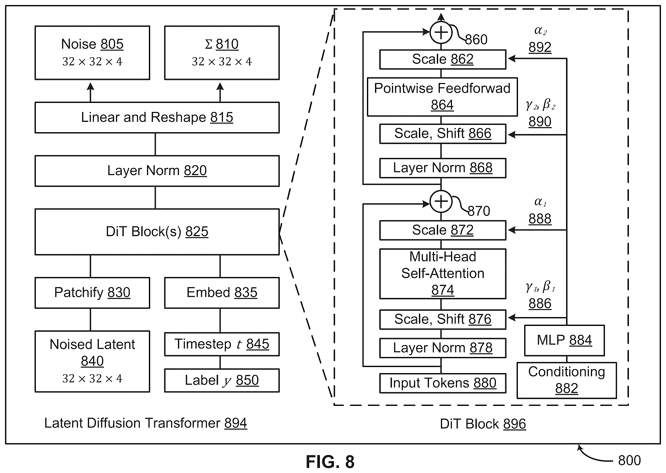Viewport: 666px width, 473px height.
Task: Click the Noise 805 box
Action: pos(92,53)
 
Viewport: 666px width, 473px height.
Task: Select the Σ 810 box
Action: pos(222,53)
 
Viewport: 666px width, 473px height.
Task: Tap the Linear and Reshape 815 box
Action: pos(157,118)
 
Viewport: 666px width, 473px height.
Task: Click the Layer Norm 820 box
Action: pos(157,171)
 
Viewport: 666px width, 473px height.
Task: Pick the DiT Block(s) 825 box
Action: pos(157,232)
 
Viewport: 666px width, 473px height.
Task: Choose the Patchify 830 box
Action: pos(92,293)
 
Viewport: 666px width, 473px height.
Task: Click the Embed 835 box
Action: pos(222,293)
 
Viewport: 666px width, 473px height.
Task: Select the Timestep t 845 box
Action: pos(222,344)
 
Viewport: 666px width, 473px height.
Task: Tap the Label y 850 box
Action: pos(222,381)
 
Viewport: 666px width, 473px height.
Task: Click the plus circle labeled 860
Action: pos(441,32)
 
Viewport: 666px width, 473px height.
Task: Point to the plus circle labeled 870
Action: pos(441,201)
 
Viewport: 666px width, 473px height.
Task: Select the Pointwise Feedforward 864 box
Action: pos(442,97)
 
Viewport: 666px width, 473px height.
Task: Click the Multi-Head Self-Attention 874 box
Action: pos(443,274)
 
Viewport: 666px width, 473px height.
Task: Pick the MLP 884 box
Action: pos(564,341)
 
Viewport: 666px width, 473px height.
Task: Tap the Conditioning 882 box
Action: pos(567,380)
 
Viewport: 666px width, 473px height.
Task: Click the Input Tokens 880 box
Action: pos(443,383)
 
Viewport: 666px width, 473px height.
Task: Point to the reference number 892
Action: pos(540,47)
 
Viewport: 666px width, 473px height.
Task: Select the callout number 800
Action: pos(629,460)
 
